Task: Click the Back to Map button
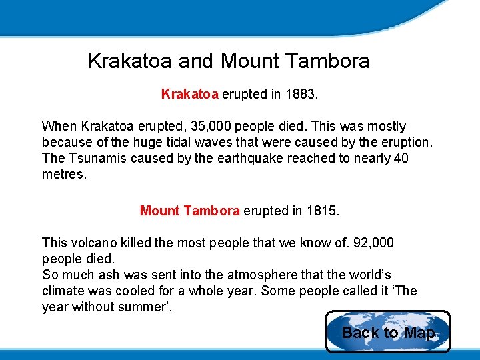(388, 332)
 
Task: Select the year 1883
(301, 94)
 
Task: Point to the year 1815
(322, 211)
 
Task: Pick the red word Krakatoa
(189, 94)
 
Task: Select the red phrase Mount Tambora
(189, 211)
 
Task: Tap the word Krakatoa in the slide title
(131, 61)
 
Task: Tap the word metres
(64, 174)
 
